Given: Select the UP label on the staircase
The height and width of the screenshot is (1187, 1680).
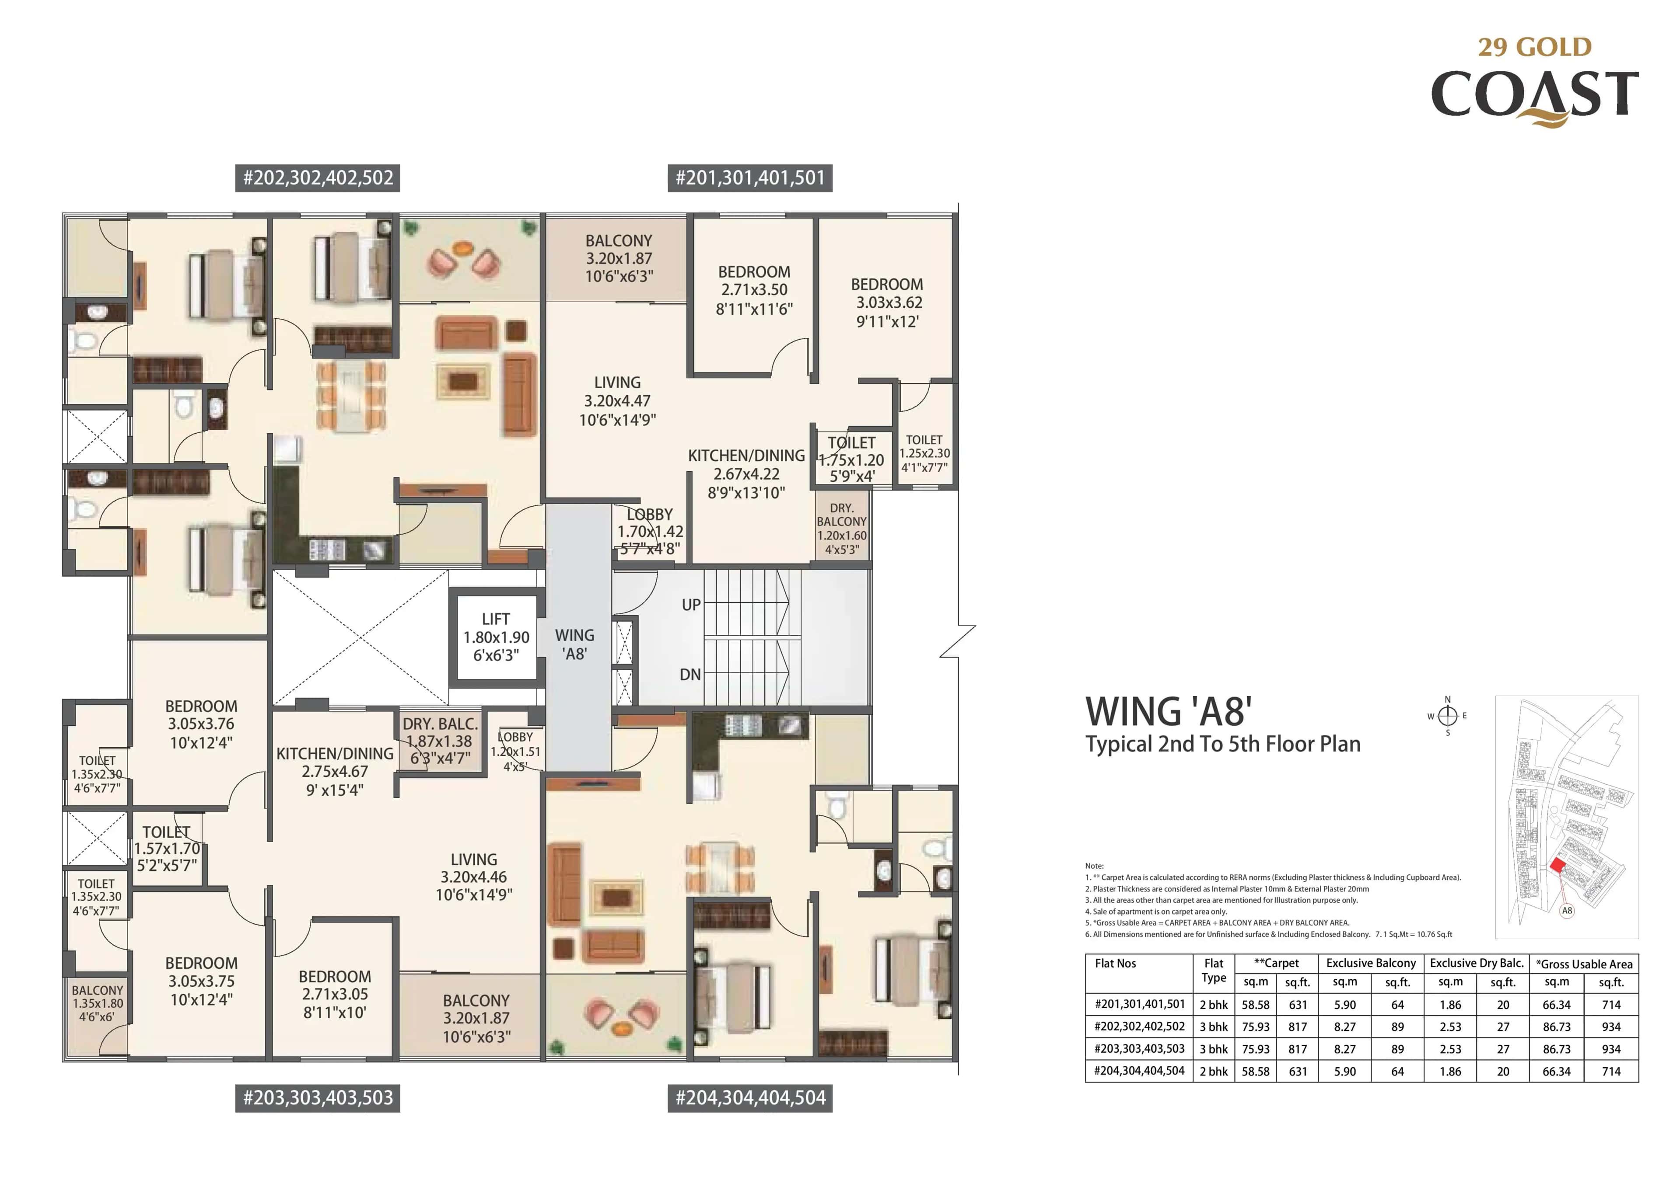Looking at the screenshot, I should coord(691,605).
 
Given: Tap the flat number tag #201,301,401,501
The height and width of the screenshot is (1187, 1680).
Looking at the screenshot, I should coord(750,178).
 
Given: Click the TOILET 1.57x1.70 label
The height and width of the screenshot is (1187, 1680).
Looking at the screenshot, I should coord(167,848).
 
